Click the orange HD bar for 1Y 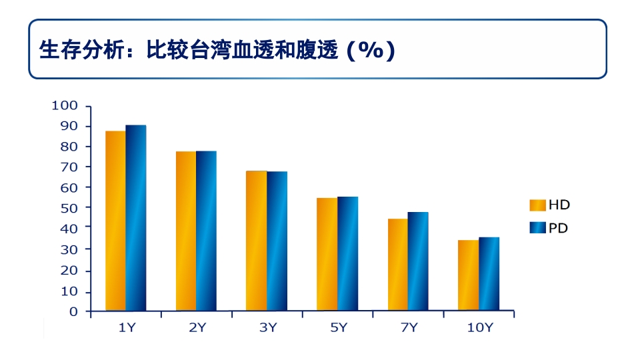pyautogui.click(x=115, y=221)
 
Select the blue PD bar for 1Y pyautogui.click(x=136, y=218)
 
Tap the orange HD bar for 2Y pyautogui.click(x=186, y=231)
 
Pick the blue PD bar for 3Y pyautogui.click(x=277, y=241)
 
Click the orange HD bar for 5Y pyautogui.click(x=327, y=254)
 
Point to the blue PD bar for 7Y pyautogui.click(x=418, y=261)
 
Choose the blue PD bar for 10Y pyautogui.click(x=489, y=274)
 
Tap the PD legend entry pyautogui.click(x=550, y=228)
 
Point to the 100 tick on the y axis pyautogui.click(x=65, y=105)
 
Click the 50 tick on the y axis pyautogui.click(x=70, y=208)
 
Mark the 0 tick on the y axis pyautogui.click(x=73, y=311)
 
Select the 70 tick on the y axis pyautogui.click(x=70, y=167)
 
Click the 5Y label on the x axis pyautogui.click(x=339, y=327)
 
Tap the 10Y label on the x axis pyautogui.click(x=479, y=327)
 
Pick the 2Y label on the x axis pyautogui.click(x=197, y=327)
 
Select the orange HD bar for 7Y pyautogui.click(x=397, y=265)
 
